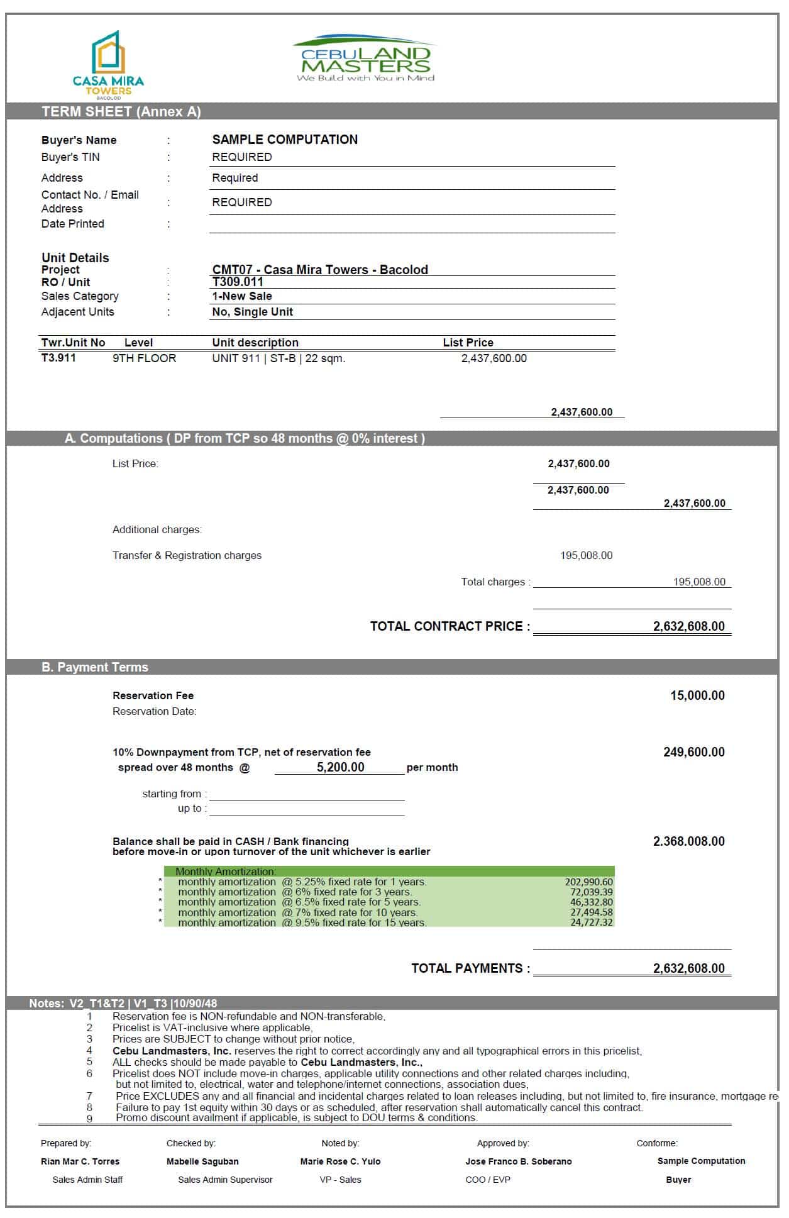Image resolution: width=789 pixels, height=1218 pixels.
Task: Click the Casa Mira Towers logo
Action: click(x=108, y=65)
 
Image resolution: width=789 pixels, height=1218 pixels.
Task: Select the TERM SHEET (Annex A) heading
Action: click(x=121, y=112)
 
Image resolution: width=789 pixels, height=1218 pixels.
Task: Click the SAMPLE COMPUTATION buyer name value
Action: click(x=285, y=140)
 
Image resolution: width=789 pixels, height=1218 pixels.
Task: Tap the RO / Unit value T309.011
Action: click(x=238, y=282)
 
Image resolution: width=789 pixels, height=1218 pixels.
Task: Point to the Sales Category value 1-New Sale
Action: click(x=242, y=296)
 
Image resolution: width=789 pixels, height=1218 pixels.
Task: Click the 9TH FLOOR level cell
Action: click(x=145, y=358)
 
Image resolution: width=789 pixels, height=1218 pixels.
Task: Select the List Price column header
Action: click(x=468, y=343)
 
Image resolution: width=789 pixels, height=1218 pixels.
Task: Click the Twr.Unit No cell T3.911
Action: click(x=58, y=358)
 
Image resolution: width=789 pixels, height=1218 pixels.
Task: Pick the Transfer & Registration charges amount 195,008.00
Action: click(x=586, y=556)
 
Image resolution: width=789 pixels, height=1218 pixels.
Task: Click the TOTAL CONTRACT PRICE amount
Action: click(x=688, y=626)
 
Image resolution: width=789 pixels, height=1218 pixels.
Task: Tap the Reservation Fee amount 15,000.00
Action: click(x=697, y=695)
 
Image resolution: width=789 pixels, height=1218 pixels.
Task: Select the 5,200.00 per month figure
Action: click(x=340, y=767)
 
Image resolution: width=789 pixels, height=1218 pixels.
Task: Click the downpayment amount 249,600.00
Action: click(x=694, y=752)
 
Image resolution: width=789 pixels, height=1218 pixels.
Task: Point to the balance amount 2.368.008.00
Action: click(x=688, y=841)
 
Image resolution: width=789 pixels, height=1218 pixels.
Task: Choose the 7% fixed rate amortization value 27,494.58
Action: click(x=591, y=912)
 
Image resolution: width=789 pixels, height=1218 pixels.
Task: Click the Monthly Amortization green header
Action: click(x=226, y=872)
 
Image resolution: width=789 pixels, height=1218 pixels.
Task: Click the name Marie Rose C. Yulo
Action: click(x=340, y=1161)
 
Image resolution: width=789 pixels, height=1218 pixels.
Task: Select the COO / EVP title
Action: click(x=488, y=1180)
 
